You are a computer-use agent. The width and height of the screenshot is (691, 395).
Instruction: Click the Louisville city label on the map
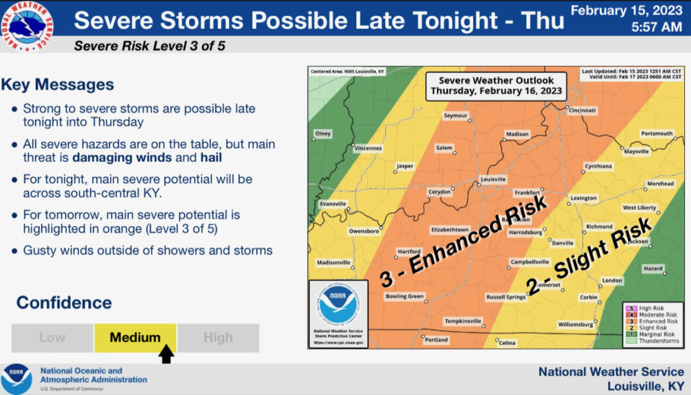coord(493,179)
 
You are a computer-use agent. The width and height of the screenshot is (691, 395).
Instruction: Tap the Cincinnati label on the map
coord(582,110)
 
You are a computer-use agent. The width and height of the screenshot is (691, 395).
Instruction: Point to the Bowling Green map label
coord(405,296)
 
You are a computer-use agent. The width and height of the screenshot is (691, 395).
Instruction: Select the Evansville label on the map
coord(333,203)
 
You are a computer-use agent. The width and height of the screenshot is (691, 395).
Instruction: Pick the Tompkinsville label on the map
coord(463,321)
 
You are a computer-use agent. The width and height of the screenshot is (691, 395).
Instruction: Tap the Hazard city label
coord(653,268)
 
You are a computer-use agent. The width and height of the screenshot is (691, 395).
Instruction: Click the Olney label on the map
coord(323,134)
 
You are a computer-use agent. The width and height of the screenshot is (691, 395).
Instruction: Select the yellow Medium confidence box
coord(135,338)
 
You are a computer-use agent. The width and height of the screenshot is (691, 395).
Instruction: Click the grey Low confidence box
coord(52,338)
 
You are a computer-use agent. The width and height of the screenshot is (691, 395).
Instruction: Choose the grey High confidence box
coord(218,338)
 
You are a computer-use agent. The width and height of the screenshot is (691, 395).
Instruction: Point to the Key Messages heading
coord(57,85)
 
